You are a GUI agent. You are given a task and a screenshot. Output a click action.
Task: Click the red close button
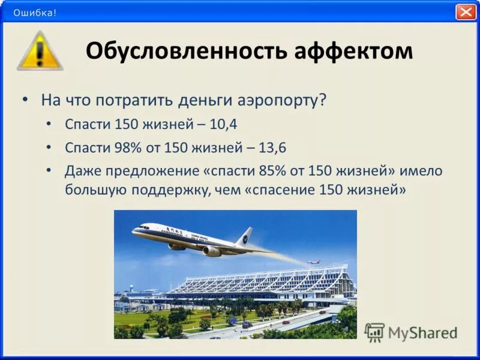click(x=466, y=12)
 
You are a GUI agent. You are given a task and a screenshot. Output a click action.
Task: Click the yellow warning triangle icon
click(x=40, y=52)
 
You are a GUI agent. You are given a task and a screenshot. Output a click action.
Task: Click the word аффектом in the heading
click(x=353, y=52)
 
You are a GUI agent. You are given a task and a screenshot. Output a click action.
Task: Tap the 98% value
click(x=121, y=147)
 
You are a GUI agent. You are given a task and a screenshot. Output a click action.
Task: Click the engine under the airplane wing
click(x=211, y=251)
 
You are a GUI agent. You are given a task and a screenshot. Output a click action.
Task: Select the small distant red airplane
click(x=313, y=262)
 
